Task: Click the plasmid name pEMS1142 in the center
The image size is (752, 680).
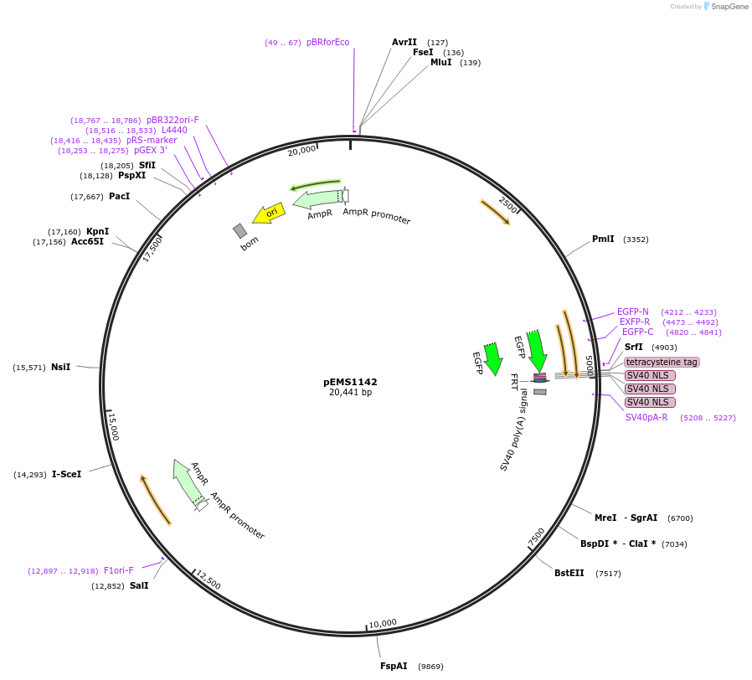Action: click(x=350, y=382)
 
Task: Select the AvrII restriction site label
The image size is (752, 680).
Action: click(x=404, y=42)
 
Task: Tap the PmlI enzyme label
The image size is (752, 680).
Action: click(x=603, y=239)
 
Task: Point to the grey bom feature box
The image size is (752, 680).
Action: click(x=240, y=230)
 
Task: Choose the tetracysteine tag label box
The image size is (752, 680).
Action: click(x=662, y=362)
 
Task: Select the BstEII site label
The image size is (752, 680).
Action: click(x=569, y=573)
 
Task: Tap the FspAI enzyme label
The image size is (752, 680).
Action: click(x=394, y=666)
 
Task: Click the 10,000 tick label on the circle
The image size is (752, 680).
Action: click(x=383, y=623)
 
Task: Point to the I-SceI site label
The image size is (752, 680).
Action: click(x=67, y=474)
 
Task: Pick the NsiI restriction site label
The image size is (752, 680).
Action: click(x=60, y=367)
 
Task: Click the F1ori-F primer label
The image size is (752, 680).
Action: click(x=119, y=570)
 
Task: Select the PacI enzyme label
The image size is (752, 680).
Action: click(x=120, y=196)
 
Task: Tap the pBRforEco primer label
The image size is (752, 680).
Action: click(x=328, y=42)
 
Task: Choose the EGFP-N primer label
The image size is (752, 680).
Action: click(x=633, y=312)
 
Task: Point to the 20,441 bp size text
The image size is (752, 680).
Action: click(x=350, y=392)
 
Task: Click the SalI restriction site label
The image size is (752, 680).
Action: click(x=139, y=585)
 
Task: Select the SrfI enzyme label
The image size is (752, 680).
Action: click(x=634, y=347)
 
